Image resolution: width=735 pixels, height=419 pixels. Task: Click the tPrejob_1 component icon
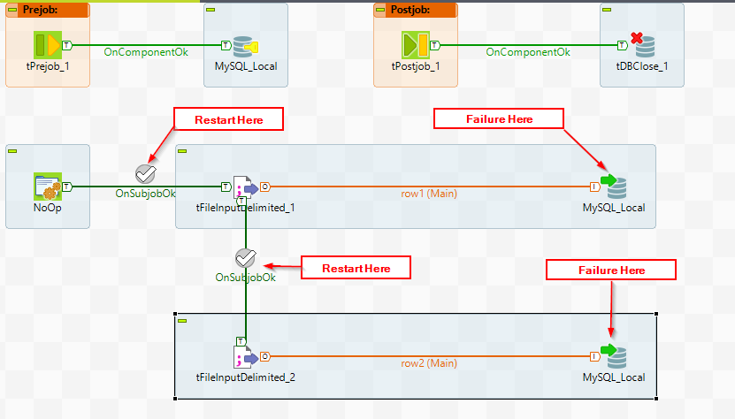click(x=48, y=45)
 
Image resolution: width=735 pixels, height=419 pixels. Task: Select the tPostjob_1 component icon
click(x=416, y=45)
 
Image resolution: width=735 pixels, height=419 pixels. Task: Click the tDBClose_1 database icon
click(x=641, y=45)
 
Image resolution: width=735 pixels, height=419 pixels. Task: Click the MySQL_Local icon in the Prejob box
click(x=245, y=45)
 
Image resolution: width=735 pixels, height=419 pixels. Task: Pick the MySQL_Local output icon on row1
click(x=613, y=187)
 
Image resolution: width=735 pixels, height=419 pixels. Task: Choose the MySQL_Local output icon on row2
click(x=613, y=356)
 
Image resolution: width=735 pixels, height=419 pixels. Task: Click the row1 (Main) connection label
click(x=428, y=193)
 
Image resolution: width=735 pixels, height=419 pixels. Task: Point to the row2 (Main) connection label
click(x=428, y=362)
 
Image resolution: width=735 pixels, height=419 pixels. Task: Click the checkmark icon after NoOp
click(x=146, y=173)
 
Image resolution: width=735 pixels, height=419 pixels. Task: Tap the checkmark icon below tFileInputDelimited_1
click(x=246, y=258)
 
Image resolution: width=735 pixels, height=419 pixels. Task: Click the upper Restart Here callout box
click(x=228, y=119)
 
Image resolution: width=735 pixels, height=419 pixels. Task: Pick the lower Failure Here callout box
click(x=611, y=270)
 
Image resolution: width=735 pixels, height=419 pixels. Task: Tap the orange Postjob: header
click(x=416, y=11)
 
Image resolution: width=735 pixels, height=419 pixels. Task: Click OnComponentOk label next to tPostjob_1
click(x=528, y=52)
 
